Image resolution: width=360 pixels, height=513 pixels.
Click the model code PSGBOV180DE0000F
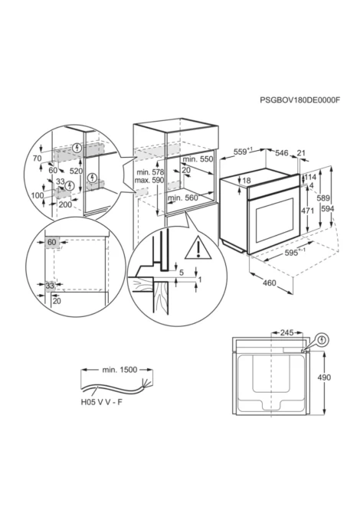[x=299, y=100]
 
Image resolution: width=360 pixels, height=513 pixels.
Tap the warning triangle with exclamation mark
[x=198, y=247]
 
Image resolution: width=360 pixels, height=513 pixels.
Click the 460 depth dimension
[x=270, y=283]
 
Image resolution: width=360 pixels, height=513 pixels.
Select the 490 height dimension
[x=324, y=377]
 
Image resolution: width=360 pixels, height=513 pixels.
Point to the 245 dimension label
[x=287, y=333]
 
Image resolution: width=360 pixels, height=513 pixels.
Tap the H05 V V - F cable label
[x=101, y=402]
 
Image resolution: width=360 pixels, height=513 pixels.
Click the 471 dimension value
[x=307, y=211]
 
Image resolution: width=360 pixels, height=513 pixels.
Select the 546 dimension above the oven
[x=281, y=153]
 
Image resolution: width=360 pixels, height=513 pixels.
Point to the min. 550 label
[x=198, y=159]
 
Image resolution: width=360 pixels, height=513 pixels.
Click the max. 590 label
[x=149, y=180]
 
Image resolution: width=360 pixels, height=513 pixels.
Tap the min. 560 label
[x=183, y=198]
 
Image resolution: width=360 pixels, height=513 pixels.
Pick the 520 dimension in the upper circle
[x=76, y=171]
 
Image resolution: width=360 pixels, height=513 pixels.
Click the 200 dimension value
[x=65, y=204]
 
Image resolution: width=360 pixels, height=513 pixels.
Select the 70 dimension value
[x=38, y=158]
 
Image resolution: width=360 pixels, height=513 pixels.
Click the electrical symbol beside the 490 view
[x=323, y=340]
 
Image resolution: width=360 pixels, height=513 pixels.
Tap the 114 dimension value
[x=310, y=177]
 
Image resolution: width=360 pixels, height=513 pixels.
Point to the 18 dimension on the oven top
[x=247, y=180]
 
